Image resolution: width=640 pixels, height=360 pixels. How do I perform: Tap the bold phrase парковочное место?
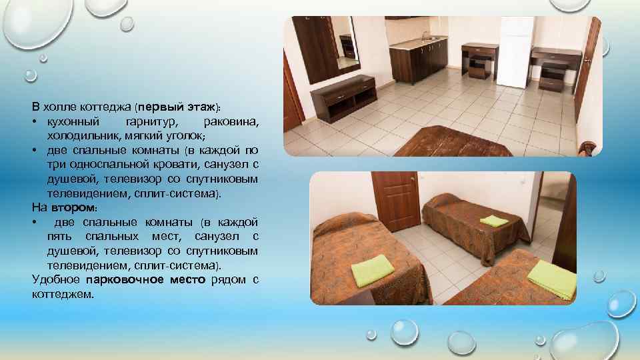point(150,279)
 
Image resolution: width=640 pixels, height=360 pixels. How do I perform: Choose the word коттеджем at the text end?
point(63,294)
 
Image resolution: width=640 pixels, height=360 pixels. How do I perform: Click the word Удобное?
point(56,279)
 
